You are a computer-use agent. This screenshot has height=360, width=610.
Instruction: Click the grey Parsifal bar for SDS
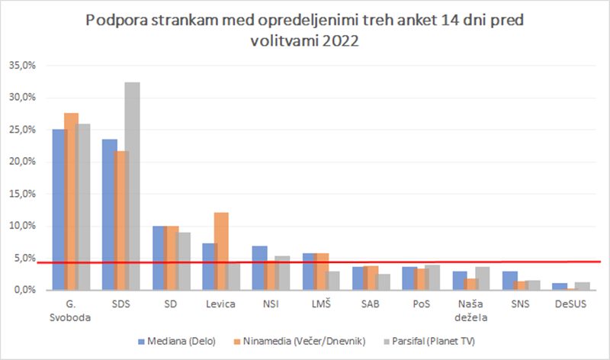tap(132, 186)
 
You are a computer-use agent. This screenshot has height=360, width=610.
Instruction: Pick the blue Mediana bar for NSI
tap(259, 268)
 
